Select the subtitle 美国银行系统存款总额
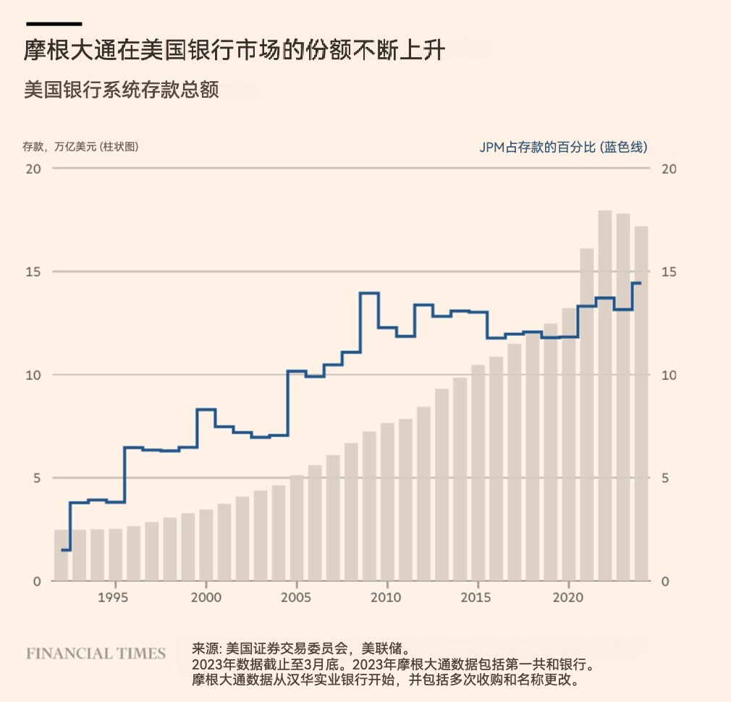click(121, 90)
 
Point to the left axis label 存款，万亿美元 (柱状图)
click(80, 146)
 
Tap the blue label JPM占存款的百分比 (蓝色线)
click(563, 147)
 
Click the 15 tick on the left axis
click(33, 271)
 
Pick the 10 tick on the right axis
click(669, 375)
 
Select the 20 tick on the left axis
click(33, 169)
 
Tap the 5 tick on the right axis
click(665, 478)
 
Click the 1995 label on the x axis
click(115, 598)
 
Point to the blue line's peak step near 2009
click(369, 293)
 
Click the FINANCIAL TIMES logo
click(96, 654)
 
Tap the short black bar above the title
click(54, 24)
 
